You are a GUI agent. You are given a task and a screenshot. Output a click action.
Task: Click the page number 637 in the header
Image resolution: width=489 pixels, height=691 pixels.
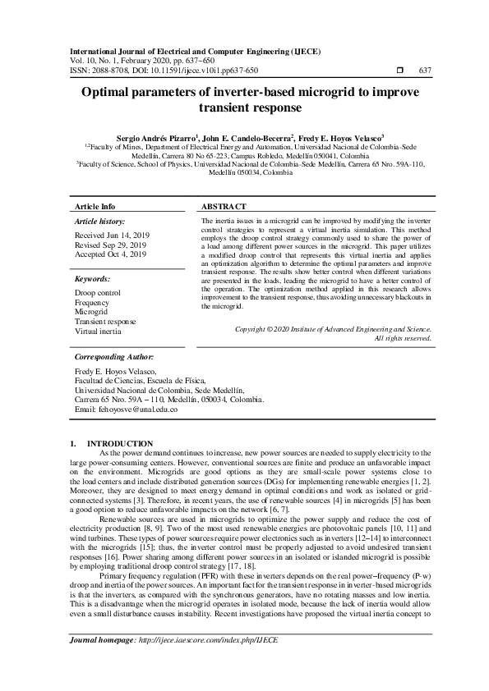(x=425, y=71)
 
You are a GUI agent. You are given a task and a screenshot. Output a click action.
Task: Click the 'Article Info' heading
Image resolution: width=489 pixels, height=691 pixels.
(x=95, y=207)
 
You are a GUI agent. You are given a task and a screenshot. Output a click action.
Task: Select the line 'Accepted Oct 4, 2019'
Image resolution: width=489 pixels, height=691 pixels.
(x=110, y=254)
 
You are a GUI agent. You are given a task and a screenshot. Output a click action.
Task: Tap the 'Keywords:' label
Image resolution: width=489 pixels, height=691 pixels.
(x=93, y=279)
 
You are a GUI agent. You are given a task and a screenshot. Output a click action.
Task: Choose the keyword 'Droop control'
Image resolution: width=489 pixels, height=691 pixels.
(x=98, y=293)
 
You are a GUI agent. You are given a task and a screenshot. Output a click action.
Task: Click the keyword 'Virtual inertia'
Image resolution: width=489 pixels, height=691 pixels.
(x=98, y=332)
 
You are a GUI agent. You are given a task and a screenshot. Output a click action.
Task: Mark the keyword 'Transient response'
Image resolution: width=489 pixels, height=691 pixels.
(x=106, y=322)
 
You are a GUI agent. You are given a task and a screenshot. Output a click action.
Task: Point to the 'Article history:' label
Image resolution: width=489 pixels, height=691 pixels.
(x=100, y=222)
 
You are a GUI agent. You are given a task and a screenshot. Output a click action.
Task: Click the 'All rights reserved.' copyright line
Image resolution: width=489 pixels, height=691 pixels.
(x=403, y=338)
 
